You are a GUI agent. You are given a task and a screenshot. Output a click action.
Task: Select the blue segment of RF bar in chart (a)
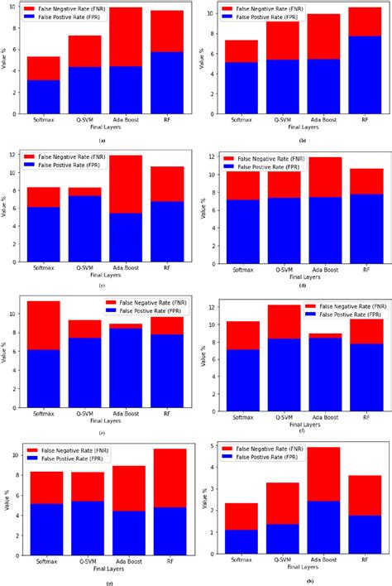tap(167, 83)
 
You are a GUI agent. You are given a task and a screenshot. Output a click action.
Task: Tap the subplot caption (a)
tap(102, 141)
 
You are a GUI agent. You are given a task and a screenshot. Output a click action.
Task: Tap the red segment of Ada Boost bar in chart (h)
tap(323, 473)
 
